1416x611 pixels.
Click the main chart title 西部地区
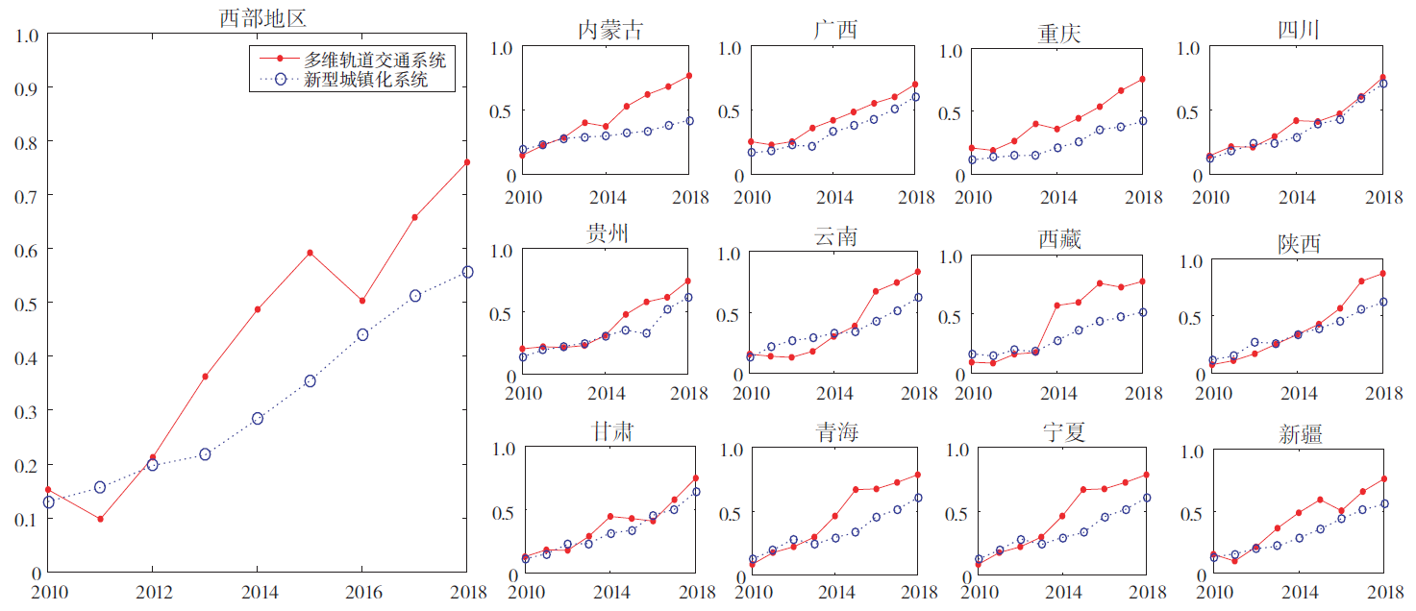coord(262,17)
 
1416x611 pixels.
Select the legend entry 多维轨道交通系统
coord(375,61)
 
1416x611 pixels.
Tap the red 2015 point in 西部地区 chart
coord(310,253)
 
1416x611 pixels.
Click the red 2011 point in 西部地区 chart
coord(100,520)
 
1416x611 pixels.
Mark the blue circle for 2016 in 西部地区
coord(362,335)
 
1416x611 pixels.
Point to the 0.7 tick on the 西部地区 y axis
coord(29,196)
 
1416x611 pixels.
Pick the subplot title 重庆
coord(1058,33)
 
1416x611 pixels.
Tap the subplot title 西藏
coord(1058,239)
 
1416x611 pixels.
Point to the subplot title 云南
coord(834,236)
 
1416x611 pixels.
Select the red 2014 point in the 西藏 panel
coord(1057,305)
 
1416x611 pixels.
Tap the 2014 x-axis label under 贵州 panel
coord(608,394)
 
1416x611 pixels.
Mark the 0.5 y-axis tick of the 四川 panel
coord(1189,111)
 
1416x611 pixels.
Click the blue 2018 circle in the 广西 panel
coord(915,97)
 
